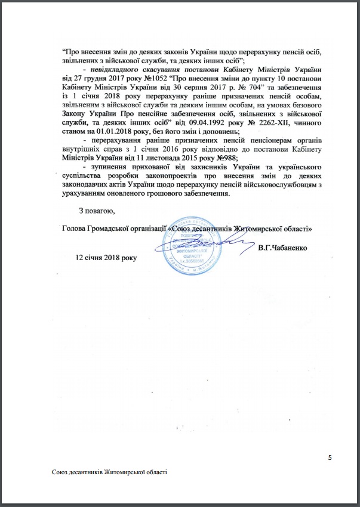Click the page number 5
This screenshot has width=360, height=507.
point(330,457)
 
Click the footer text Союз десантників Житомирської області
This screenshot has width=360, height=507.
point(109,472)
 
